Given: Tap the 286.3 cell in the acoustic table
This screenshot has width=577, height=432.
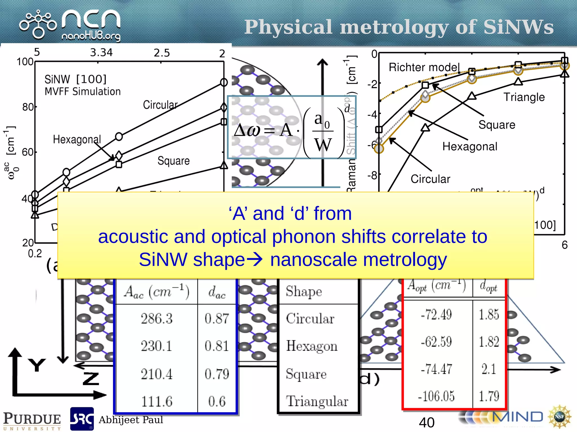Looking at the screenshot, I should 157,319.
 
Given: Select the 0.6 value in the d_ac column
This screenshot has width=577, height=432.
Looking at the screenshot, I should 217,401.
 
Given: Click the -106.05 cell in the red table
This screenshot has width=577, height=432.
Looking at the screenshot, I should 436,396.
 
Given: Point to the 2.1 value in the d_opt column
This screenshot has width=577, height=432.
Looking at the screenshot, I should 489,369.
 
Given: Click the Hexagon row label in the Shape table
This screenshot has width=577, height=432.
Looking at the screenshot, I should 312,346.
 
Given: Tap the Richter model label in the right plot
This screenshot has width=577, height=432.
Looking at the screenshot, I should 424,67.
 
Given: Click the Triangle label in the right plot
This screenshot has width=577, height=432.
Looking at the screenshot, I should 524,97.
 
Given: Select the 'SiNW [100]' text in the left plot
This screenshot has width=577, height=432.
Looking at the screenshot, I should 76,79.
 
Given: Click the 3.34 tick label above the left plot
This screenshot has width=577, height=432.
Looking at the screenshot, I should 101,53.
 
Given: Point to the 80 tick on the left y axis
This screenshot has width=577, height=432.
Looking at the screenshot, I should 28,107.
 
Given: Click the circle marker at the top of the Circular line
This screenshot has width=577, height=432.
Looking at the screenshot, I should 224,82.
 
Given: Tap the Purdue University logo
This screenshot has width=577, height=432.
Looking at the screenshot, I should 32,421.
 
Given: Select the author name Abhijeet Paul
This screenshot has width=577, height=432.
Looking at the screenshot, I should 131,420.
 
